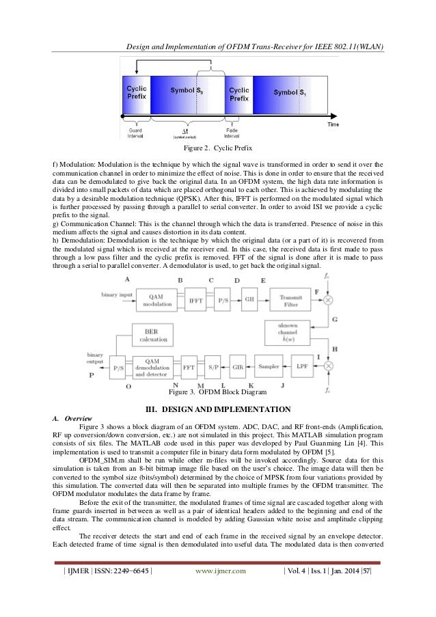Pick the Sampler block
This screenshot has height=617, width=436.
click(269, 366)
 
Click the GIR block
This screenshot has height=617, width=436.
click(237, 366)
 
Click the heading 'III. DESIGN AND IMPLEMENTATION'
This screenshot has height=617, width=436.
click(219, 409)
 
